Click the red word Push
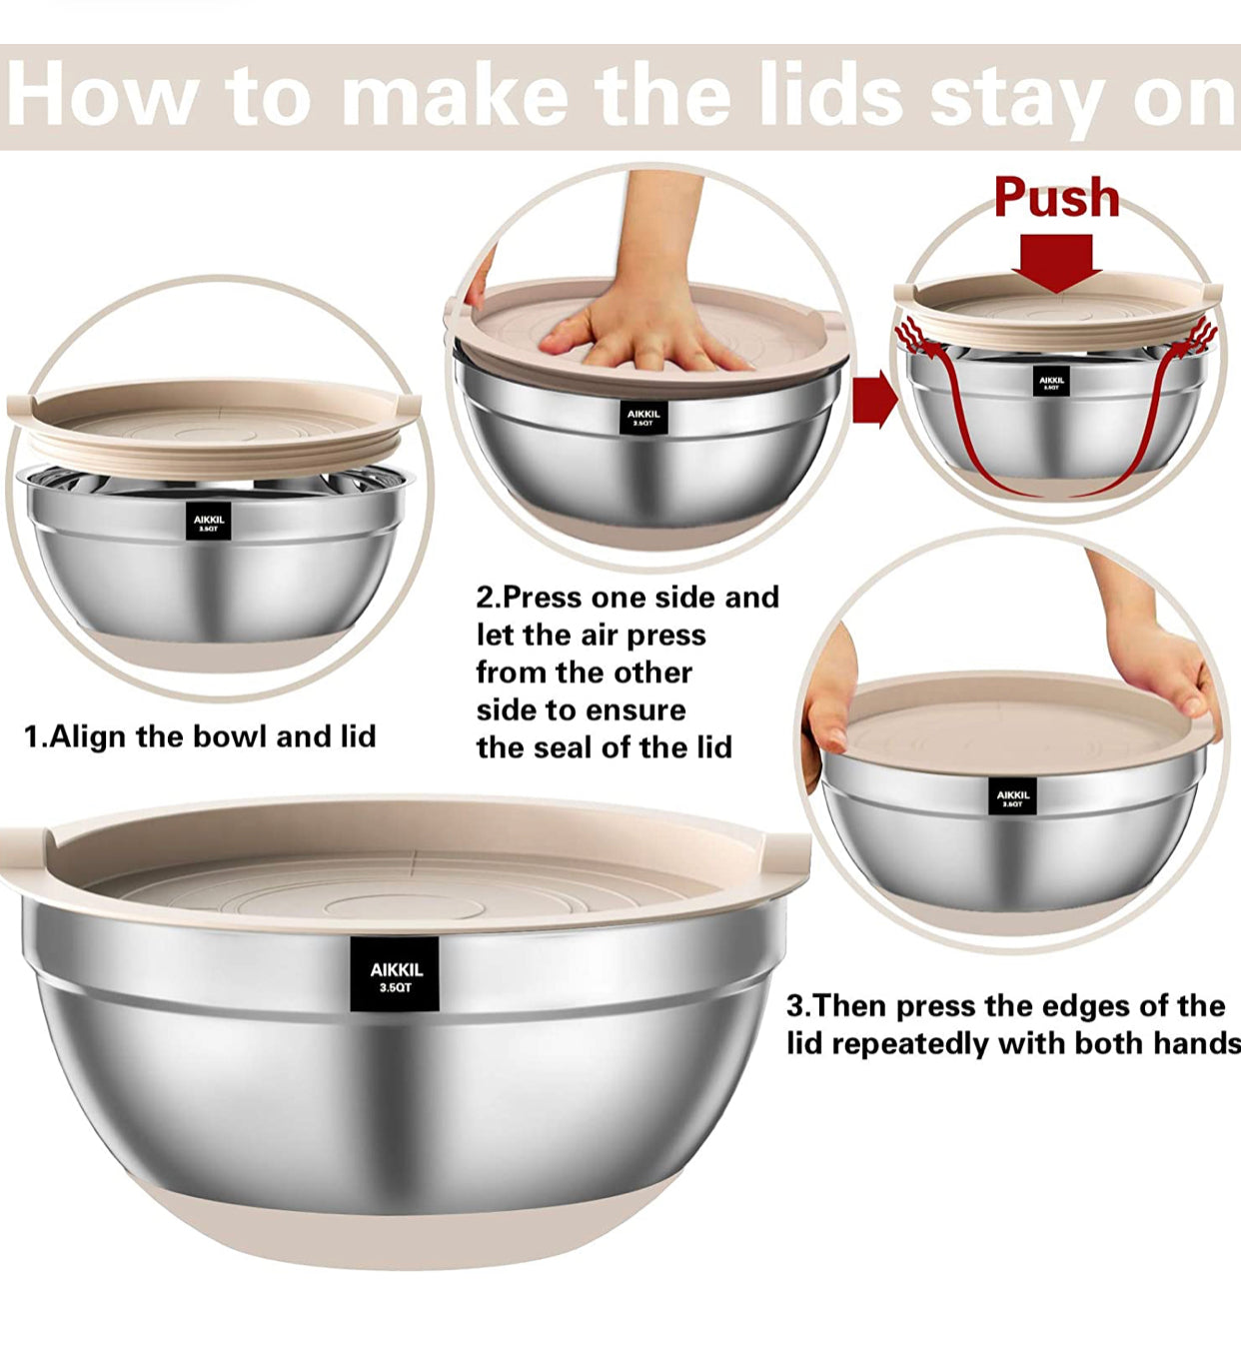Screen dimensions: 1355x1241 click(x=1056, y=198)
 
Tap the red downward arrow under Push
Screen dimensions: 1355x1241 click(x=1056, y=262)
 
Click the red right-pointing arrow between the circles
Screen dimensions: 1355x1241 click(x=874, y=399)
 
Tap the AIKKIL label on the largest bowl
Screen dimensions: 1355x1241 click(x=396, y=976)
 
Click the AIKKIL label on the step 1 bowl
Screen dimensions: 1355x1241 click(x=209, y=521)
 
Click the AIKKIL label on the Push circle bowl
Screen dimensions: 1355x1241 click(x=1051, y=382)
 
